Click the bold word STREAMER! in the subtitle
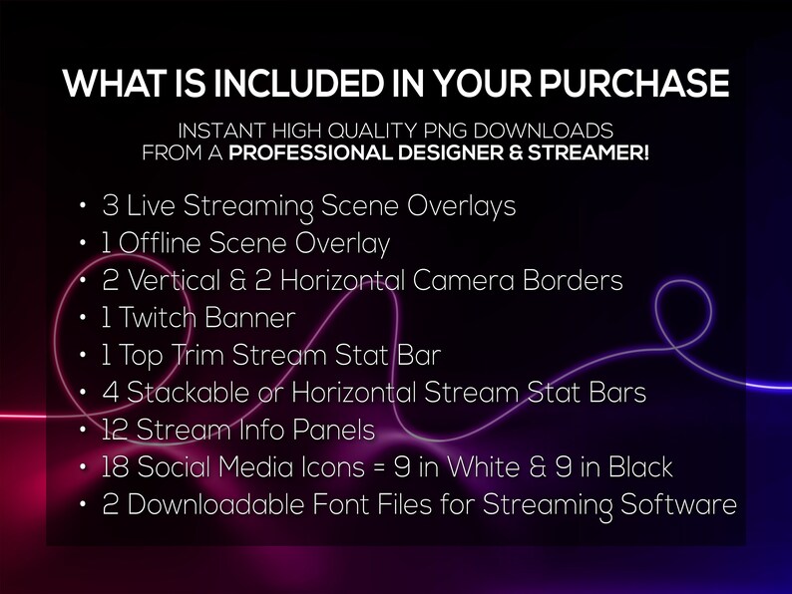(593, 153)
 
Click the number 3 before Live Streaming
(111, 207)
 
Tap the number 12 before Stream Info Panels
(114, 431)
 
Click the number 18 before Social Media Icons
(115, 467)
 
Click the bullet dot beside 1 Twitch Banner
(82, 320)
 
